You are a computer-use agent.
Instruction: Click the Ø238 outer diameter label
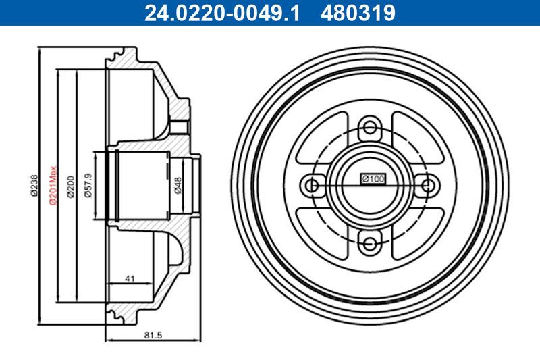34,184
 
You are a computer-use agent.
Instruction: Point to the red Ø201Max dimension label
51,184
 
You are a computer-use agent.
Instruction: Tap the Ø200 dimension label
70,184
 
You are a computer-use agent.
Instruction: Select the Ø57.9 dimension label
88,184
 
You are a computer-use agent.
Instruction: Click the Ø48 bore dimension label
178,184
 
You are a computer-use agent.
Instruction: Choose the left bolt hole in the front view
312,184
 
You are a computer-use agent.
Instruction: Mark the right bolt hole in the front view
427,184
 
